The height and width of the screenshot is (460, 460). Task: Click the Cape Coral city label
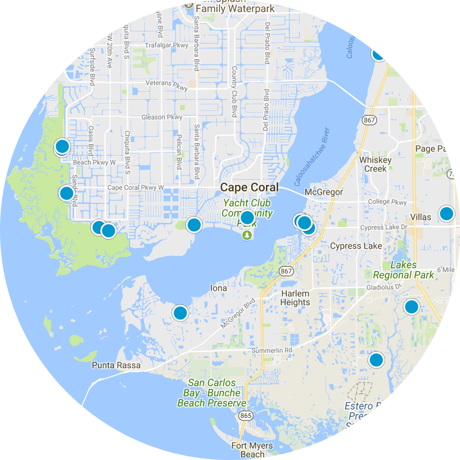coord(249,187)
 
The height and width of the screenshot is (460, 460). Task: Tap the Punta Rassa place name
coord(116,366)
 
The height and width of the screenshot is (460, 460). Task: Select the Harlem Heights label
coord(295,298)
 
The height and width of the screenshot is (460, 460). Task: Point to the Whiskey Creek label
coord(373,164)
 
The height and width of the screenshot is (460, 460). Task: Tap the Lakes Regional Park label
coord(404,270)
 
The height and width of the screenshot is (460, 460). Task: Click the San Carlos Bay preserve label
coord(212,393)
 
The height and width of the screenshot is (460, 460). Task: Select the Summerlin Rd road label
coord(272,350)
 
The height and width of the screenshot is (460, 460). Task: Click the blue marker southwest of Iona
coord(180,313)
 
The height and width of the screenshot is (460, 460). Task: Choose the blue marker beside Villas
coord(447,213)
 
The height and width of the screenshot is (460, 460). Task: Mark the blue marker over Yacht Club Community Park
coord(247,218)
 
